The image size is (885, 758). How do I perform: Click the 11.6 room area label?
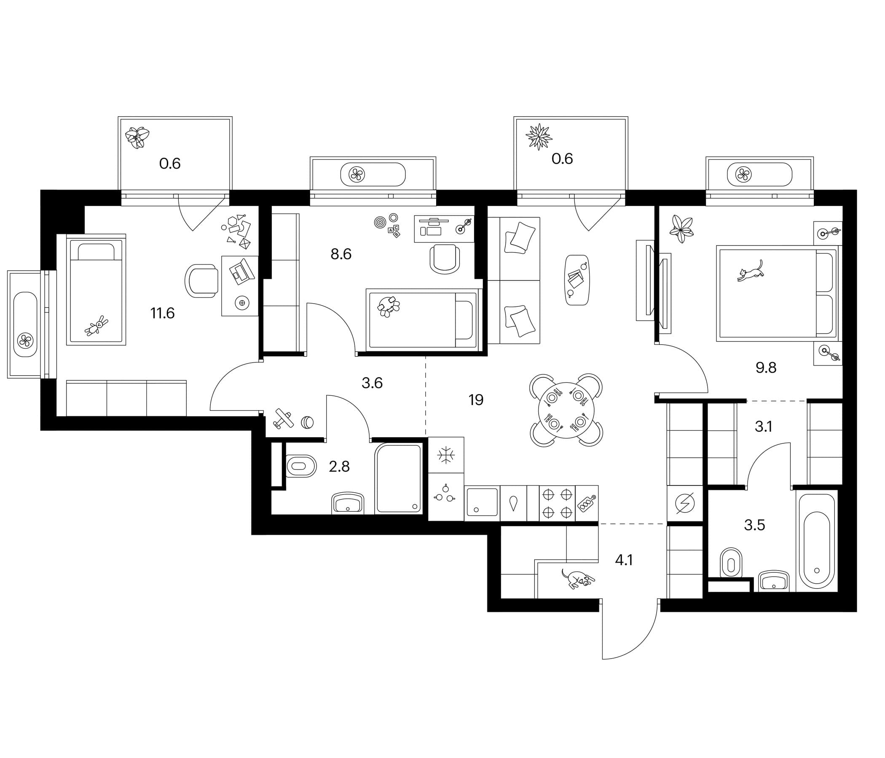162,313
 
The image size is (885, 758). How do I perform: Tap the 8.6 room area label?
341,254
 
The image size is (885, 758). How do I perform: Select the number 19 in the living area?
476,400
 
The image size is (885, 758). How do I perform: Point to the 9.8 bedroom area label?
766,368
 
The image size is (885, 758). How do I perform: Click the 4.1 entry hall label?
624,560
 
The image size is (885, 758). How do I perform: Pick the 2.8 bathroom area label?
339,467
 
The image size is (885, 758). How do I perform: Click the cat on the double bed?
750,271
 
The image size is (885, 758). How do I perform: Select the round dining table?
566,410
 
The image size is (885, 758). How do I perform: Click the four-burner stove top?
557,503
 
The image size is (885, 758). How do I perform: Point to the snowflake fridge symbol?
446,455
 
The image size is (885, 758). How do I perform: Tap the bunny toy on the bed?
97,326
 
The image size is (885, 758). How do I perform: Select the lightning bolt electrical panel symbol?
685,504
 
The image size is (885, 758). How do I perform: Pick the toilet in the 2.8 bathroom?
301,466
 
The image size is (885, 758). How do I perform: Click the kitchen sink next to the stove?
482,503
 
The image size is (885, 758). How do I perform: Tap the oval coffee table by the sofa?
577,280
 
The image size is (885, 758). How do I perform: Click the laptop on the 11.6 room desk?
242,272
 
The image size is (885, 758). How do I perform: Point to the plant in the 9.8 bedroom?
681,229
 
